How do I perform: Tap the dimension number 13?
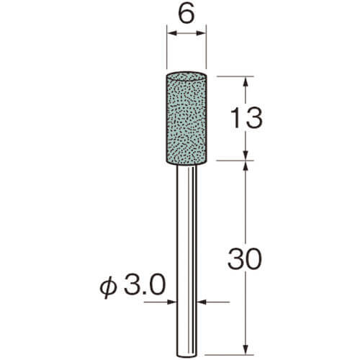246,118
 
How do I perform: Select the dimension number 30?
244,259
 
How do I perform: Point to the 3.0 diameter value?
145,285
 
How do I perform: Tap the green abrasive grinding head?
186,118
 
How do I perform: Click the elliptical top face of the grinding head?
186,76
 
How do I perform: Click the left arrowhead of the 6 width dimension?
172,33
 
